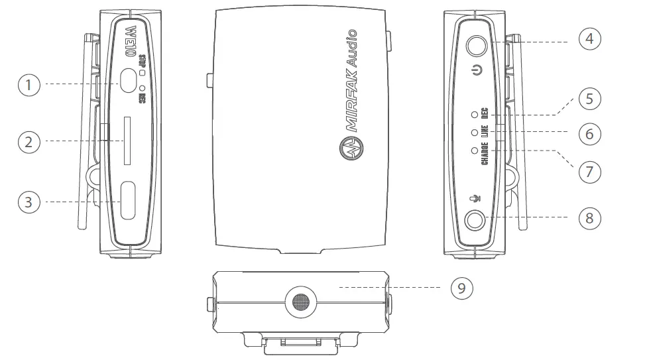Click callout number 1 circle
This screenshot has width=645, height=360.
point(29,84)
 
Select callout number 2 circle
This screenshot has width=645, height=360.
point(29,141)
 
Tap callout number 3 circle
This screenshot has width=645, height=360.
point(29,202)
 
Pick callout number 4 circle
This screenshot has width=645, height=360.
point(589,39)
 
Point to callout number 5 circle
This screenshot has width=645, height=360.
point(589,99)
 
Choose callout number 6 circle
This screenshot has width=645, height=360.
point(589,134)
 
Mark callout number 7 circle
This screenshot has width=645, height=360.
point(589,172)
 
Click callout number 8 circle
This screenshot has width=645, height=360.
point(589,217)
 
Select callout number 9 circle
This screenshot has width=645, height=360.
point(462,288)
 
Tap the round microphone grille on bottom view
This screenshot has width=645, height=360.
point(300,302)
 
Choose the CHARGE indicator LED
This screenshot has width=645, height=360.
point(474,150)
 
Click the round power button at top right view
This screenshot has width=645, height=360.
point(476,45)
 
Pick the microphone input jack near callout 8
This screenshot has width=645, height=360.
point(475,219)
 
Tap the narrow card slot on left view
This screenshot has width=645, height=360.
point(128,141)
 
